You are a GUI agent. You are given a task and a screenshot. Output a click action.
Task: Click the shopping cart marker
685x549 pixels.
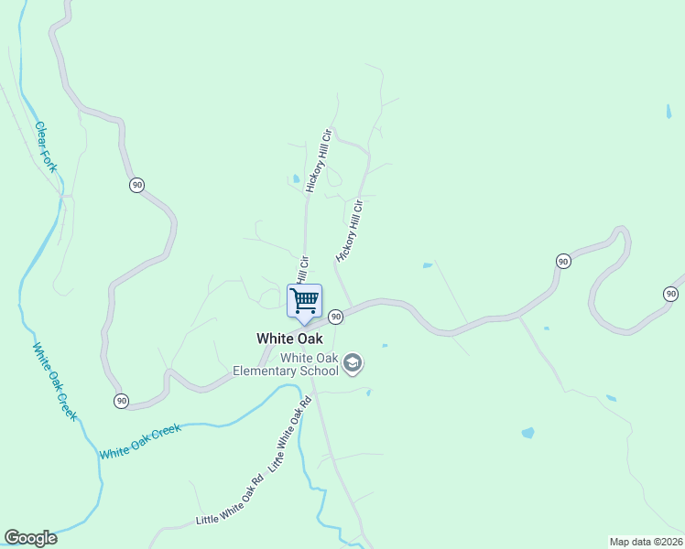pos(304,300)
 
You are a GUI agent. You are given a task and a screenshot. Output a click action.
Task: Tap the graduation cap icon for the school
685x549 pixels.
pos(353,364)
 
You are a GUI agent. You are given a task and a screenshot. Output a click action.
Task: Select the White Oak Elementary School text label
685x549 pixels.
pos(285,364)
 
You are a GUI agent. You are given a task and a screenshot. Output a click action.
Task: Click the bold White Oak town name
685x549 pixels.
pos(289,338)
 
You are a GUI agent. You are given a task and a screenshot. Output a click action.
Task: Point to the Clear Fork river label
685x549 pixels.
pos(46,146)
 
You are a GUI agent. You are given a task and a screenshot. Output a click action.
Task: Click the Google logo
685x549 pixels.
pos(30,538)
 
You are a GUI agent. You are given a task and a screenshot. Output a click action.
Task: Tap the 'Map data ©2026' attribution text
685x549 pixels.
pos(646,541)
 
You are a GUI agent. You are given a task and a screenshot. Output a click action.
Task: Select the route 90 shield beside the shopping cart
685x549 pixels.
pos(336,317)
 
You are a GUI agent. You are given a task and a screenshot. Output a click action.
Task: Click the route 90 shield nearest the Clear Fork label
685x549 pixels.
pos(136,185)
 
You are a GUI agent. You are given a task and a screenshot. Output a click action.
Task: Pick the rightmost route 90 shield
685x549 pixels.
pos(671,294)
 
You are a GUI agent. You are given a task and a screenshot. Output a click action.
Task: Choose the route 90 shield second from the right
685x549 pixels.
pos(563,262)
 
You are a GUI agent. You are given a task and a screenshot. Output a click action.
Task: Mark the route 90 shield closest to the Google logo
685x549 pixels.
pos(121,401)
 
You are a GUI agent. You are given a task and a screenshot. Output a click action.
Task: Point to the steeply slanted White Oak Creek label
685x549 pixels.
pos(55,382)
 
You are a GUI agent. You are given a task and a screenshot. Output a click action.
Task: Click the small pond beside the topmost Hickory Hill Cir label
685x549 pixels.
pos(295,178)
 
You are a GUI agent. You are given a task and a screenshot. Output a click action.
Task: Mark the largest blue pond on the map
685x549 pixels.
pos(527,433)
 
